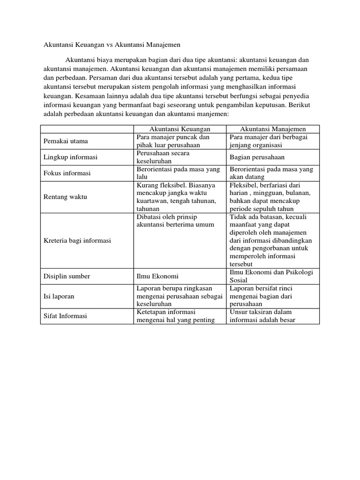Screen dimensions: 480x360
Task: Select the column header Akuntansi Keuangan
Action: tap(180, 129)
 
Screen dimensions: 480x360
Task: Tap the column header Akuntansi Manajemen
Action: tap(273, 129)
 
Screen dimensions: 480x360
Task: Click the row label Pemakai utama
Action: tap(66, 141)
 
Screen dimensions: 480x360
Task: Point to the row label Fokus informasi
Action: tap(67, 173)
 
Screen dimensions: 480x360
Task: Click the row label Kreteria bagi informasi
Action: tap(77, 240)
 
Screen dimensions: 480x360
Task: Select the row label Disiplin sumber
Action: tap(67, 276)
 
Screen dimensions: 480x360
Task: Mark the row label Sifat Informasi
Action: tap(65, 316)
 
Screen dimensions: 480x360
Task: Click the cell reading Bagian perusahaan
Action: tap(257, 157)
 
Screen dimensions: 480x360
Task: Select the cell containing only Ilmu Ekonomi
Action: tap(157, 276)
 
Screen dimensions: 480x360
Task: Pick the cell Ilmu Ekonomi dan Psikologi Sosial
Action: tap(272, 276)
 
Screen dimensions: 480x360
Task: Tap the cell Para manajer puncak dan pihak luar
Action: tap(173, 141)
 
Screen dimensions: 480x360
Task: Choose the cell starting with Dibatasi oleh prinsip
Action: tap(175, 220)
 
